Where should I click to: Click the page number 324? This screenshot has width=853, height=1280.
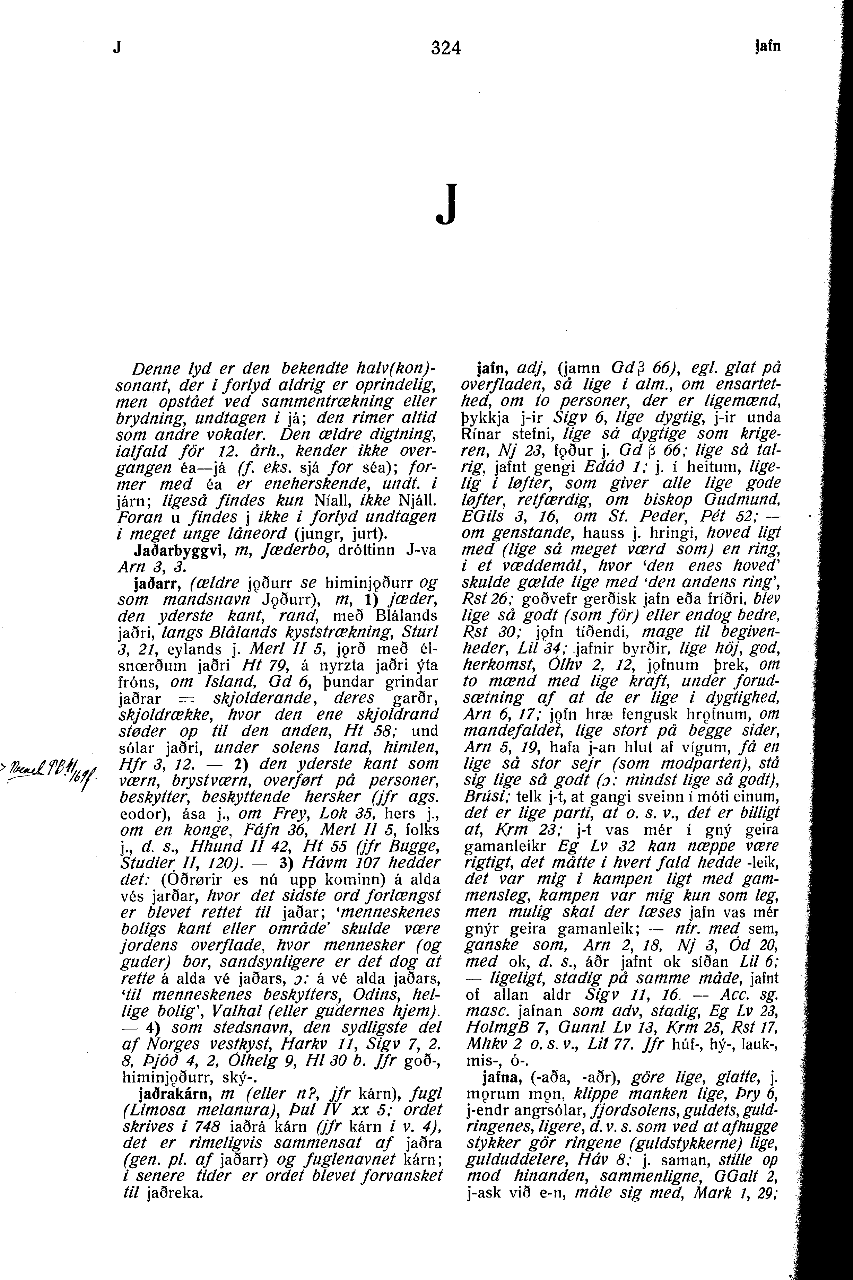click(445, 49)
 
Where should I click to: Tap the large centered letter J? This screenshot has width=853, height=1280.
click(445, 205)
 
